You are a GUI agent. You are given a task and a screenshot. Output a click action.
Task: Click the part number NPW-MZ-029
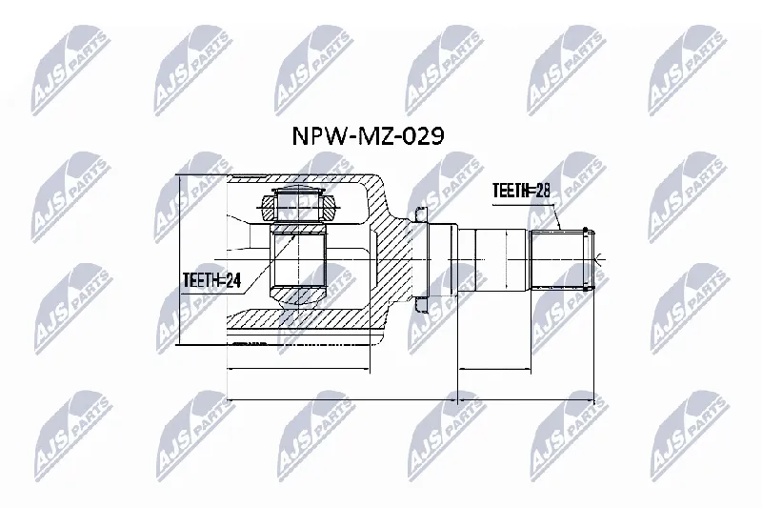[x=368, y=136]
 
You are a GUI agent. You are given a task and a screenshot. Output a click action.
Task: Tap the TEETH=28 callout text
[x=521, y=191]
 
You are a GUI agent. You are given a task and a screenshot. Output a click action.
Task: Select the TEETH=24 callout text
[x=211, y=280]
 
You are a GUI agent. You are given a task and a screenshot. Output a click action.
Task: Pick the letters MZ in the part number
[x=374, y=136]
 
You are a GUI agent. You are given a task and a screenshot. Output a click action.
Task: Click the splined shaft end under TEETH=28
[x=562, y=259]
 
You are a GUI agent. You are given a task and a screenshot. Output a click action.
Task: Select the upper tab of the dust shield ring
[x=420, y=214]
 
